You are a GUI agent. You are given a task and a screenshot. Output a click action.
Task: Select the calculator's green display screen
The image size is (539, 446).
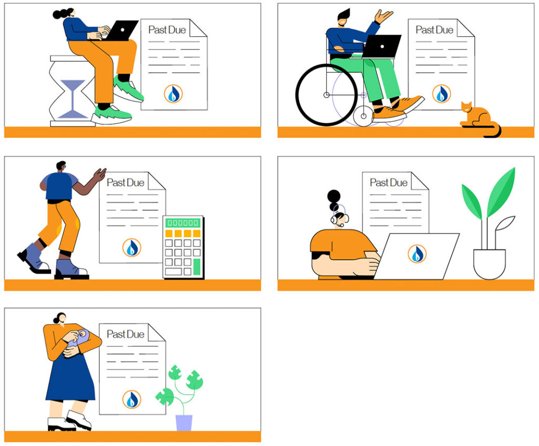tap(183, 223)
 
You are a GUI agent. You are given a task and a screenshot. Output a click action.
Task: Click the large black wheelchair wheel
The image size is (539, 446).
tap(326, 95)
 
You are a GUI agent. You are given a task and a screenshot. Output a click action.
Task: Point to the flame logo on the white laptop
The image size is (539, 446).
tap(417, 254)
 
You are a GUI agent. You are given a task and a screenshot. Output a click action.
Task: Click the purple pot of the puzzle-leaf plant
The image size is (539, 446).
tap(184, 423)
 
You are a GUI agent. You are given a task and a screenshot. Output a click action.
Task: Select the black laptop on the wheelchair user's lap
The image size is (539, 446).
tap(381, 46)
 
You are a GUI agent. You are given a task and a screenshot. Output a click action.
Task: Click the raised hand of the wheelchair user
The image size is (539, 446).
tap(383, 16)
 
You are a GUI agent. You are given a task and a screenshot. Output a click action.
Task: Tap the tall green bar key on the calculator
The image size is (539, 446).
tap(197, 267)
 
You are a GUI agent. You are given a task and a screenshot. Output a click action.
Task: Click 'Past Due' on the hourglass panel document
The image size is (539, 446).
tap(167, 30)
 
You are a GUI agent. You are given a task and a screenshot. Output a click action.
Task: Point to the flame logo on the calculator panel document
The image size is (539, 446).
tap(132, 247)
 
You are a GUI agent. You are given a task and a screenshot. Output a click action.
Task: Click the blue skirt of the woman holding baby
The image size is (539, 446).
tap(71, 378)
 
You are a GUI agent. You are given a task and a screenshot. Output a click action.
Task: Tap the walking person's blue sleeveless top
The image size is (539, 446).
tap(59, 186)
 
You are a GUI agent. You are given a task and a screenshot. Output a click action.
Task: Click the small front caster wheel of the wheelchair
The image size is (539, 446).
tap(363, 116)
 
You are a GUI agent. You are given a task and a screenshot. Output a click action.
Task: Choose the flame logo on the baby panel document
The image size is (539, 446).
tap(132, 399)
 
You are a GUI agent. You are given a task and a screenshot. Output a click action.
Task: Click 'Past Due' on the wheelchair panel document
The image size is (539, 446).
tap(434, 30)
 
